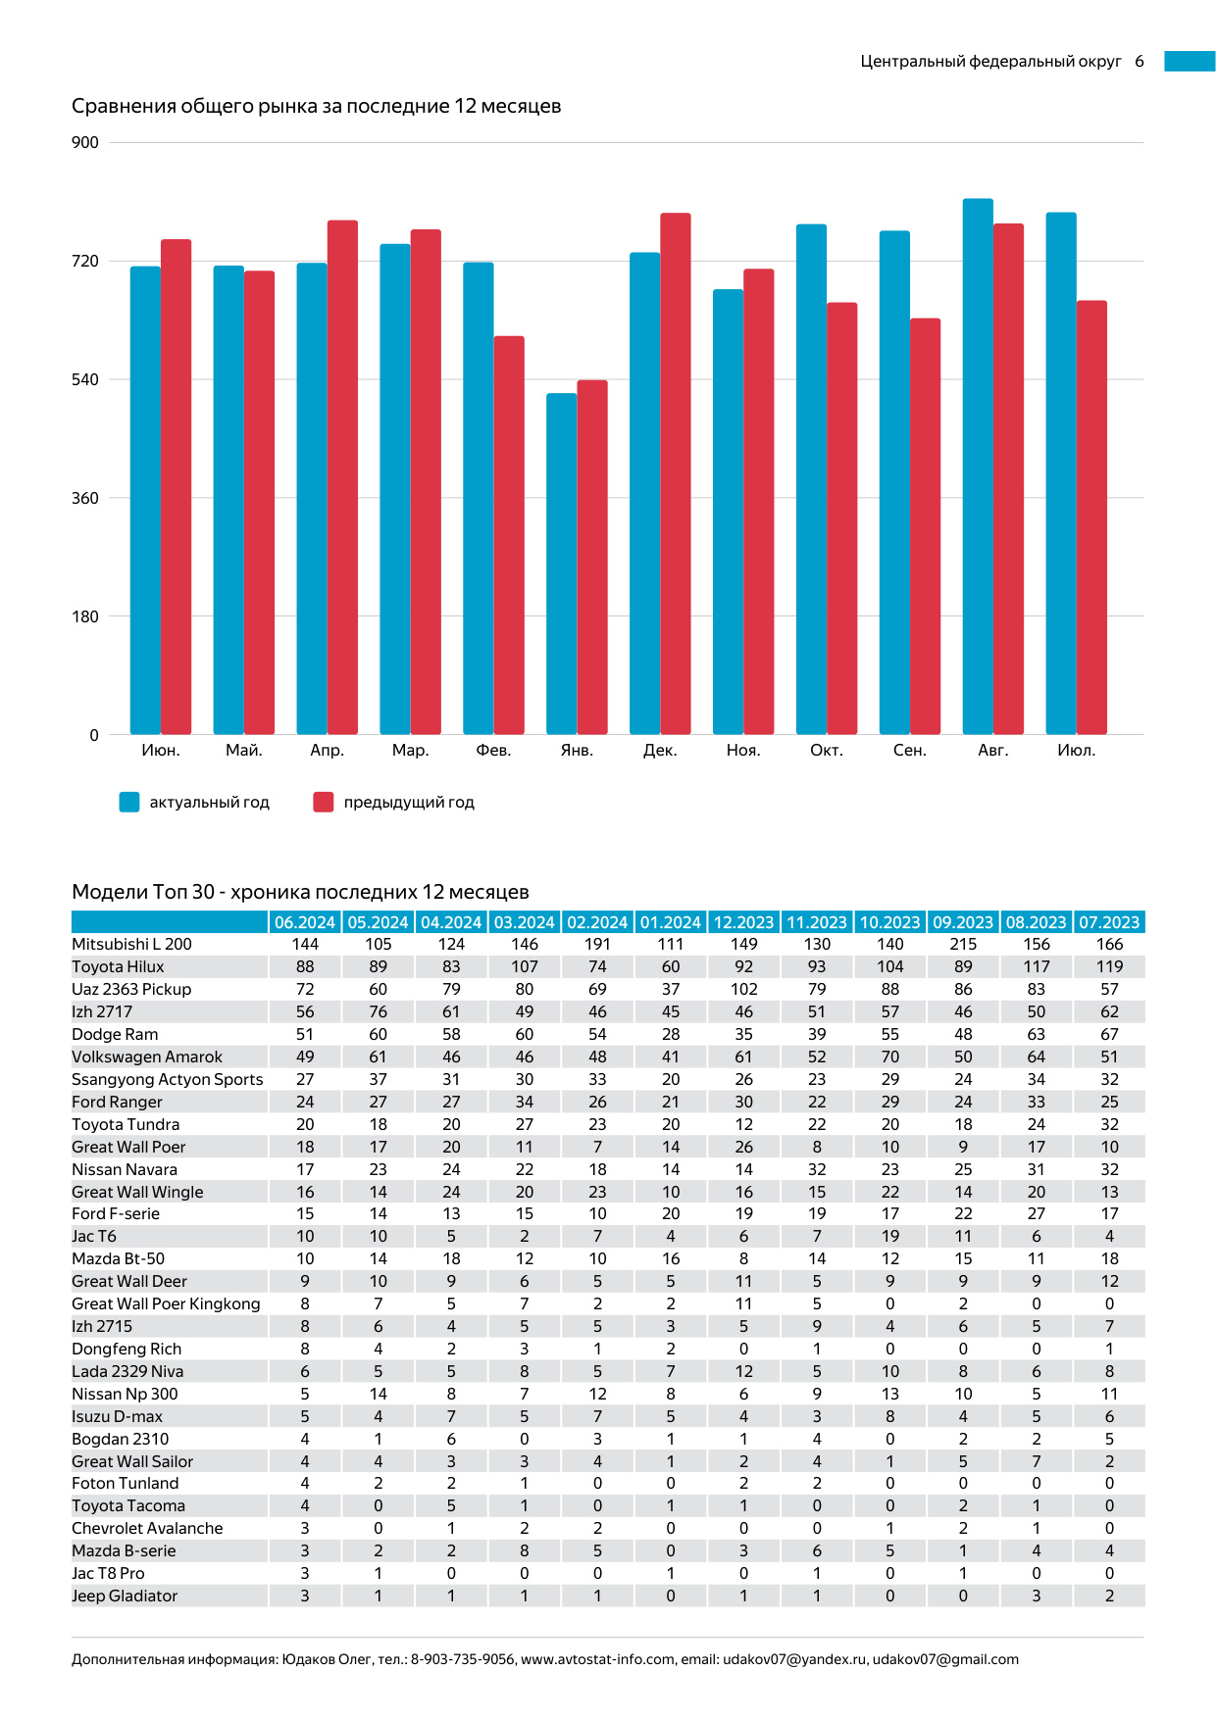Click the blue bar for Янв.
coord(561,564)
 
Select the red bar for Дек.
coord(676,473)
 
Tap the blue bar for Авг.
coord(978,467)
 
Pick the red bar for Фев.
coord(509,535)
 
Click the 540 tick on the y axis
coord(85,380)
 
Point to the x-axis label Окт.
coord(827,751)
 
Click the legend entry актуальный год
coord(209,803)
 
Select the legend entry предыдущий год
coord(408,803)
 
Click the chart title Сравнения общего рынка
coord(316,106)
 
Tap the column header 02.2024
coord(597,922)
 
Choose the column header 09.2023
coord(963,922)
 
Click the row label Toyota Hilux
coord(118,967)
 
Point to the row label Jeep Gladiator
coord(125,1597)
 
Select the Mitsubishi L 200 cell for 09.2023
coord(963,945)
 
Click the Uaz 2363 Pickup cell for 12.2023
coord(743,990)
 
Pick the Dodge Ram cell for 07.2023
coord(1109,1035)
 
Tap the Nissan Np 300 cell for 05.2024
coord(379,1395)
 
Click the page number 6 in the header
coord(1140,62)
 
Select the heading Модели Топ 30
coord(300,893)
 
